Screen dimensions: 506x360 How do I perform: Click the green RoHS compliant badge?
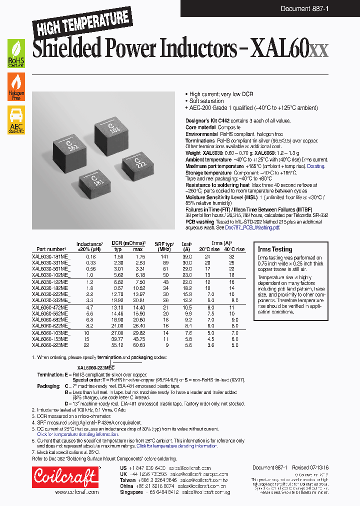(x=16, y=54)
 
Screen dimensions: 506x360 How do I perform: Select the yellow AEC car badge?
(x=16, y=120)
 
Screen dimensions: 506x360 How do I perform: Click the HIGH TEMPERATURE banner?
(x=81, y=22)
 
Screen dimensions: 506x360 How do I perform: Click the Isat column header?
(x=186, y=246)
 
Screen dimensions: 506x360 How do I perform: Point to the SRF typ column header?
(x=163, y=246)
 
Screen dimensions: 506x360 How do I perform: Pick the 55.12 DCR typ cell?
(x=117, y=345)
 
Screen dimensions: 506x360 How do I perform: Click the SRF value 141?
(x=163, y=256)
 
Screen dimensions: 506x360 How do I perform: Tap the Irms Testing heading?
(x=274, y=249)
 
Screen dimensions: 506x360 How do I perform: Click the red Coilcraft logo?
(x=65, y=477)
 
